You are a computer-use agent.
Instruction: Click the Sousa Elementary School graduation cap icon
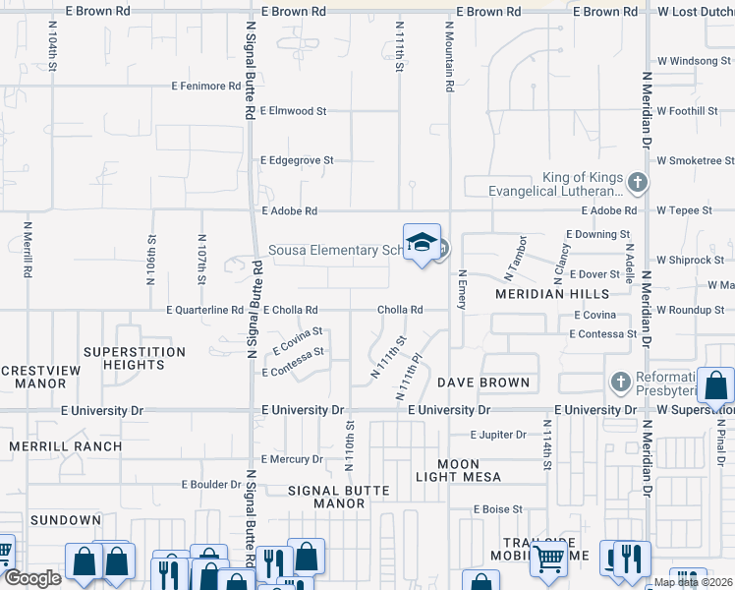pos(422,242)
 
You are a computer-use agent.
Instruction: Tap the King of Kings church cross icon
pos(639,181)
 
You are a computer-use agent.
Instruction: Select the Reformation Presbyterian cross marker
pos(619,382)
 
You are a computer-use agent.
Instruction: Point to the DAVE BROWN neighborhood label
pos(483,382)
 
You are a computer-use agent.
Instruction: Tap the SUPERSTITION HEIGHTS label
pos(135,358)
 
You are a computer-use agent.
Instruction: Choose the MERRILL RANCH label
pos(66,445)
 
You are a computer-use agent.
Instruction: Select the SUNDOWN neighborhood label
pos(66,519)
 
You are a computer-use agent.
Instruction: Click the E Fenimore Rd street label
pos(205,87)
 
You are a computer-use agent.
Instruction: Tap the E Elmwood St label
pos(294,111)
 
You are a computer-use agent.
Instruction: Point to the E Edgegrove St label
pos(298,160)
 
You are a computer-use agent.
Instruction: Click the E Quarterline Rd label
pos(204,310)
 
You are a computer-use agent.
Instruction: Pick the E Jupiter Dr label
pos(499,435)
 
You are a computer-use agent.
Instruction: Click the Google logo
pos(31,578)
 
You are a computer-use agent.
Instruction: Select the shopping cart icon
pos(549,559)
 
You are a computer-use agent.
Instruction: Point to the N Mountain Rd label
pos(449,59)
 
